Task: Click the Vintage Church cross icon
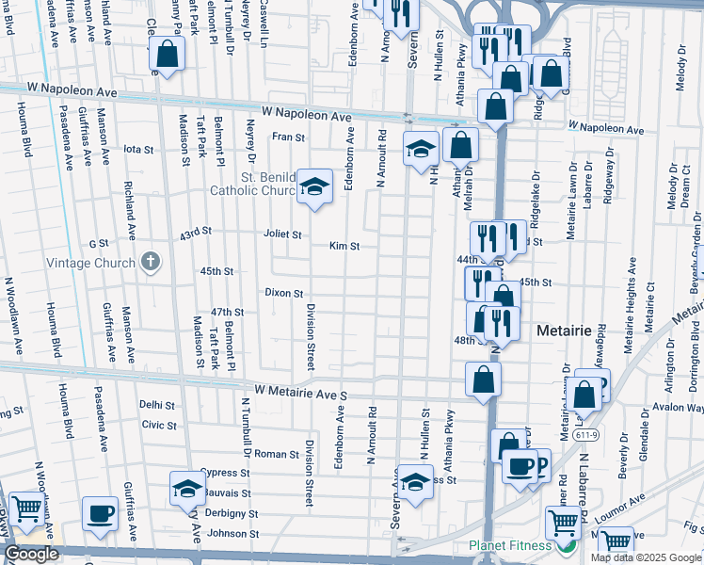pos(149,263)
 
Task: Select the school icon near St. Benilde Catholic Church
pos(314,185)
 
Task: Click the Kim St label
pos(344,246)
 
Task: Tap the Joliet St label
pos(282,234)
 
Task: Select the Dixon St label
pos(283,294)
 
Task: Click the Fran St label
pos(289,137)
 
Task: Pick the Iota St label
pos(138,149)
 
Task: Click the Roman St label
pos(276,454)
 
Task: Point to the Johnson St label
pos(232,534)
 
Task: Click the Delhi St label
pos(157,405)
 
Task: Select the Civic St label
pos(159,425)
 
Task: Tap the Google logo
pos(31,554)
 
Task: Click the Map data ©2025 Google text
pos(646,557)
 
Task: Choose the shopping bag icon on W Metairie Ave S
pos(483,379)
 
